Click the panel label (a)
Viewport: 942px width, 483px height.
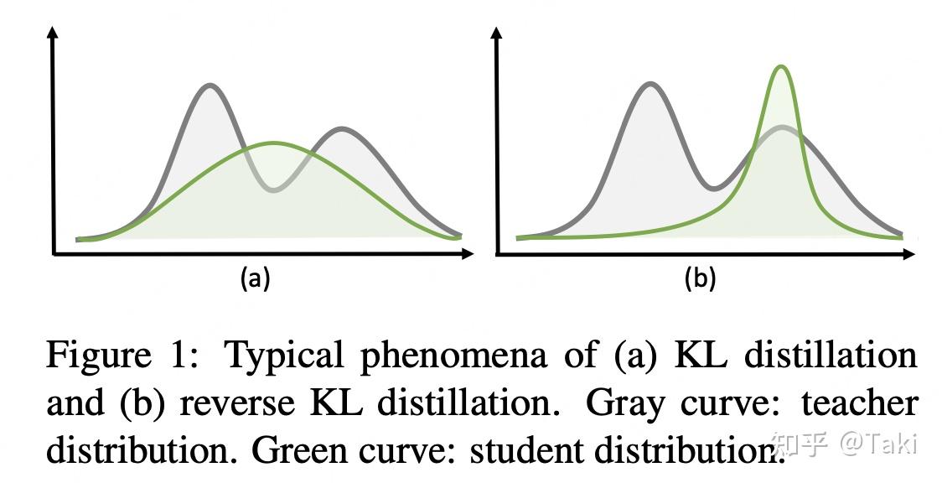255,278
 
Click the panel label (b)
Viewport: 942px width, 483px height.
700,278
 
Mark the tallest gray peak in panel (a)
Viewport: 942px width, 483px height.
210,86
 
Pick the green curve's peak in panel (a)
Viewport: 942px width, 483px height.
273,143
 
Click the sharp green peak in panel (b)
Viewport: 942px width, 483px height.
781,66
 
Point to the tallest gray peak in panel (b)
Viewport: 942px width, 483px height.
650,84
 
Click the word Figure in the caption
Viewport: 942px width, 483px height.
96,356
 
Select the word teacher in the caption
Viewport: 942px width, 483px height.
859,403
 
